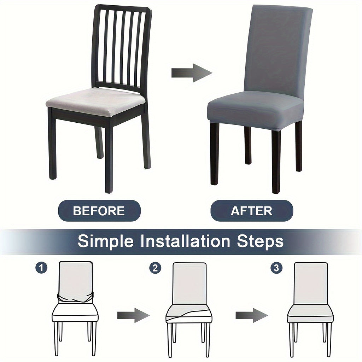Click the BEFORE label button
[x=99, y=211]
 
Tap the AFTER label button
[x=252, y=211]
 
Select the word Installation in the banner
[x=185, y=241]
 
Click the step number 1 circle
[x=41, y=268]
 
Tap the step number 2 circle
[x=155, y=268]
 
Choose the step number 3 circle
[x=276, y=268]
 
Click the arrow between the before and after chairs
[x=192, y=73]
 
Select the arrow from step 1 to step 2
[x=133, y=315]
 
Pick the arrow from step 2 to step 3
[x=252, y=315]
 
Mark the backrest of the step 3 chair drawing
[x=311, y=283]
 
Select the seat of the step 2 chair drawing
[x=189, y=313]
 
